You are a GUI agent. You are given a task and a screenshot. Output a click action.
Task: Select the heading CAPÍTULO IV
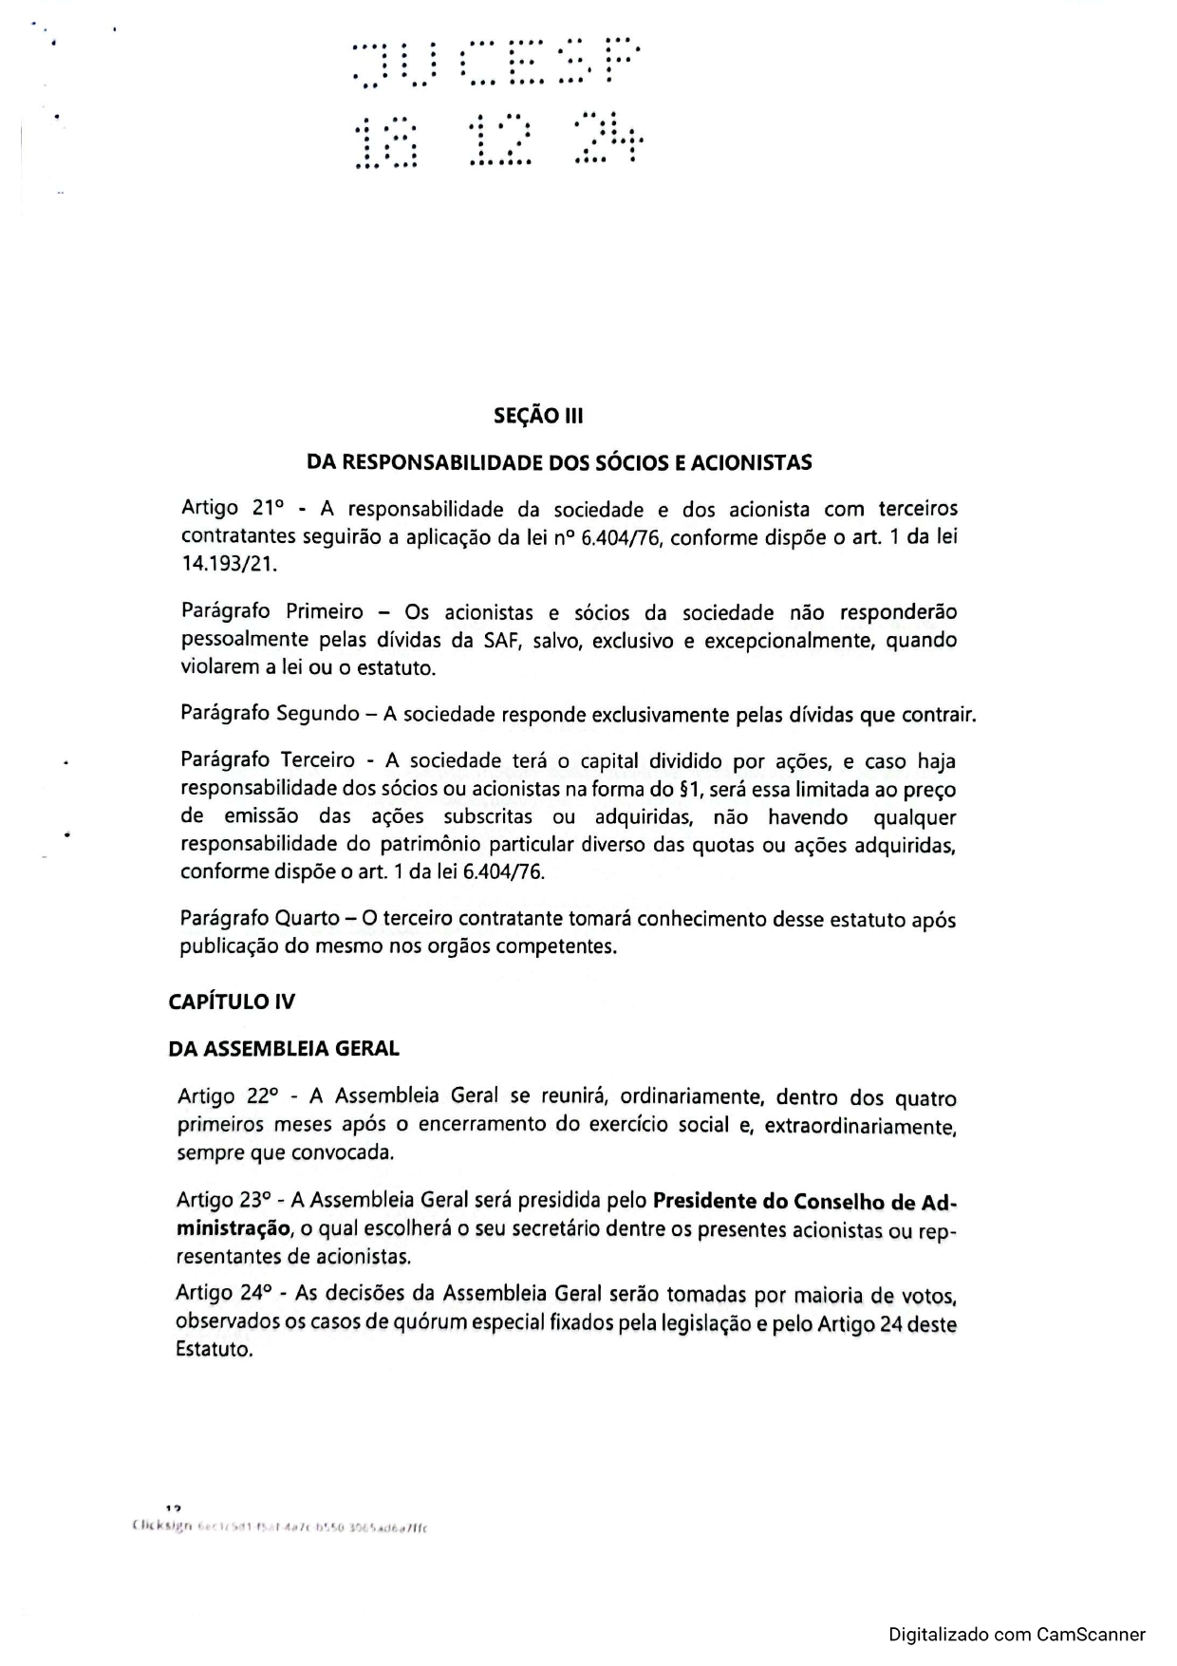pos(232,1001)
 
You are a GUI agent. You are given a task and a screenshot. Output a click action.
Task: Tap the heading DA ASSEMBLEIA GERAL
pos(284,1049)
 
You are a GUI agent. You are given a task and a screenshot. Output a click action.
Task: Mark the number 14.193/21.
pos(228,564)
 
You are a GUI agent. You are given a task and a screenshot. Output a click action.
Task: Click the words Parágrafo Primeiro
pos(271,611)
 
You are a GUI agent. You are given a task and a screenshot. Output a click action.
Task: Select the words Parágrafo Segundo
pos(269,713)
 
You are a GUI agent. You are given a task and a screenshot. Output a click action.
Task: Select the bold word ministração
pos(233,1228)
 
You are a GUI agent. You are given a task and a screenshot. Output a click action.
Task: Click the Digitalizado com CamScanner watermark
pos(1017,1635)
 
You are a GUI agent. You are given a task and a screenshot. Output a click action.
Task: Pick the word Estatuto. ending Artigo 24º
pos(215,1349)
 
